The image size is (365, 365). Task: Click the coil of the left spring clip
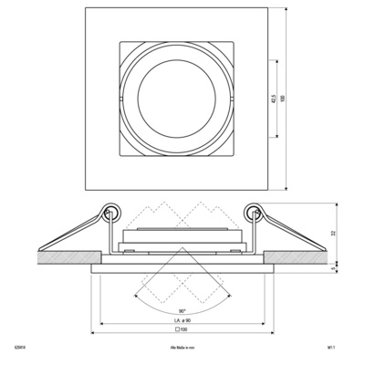click(x=109, y=214)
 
